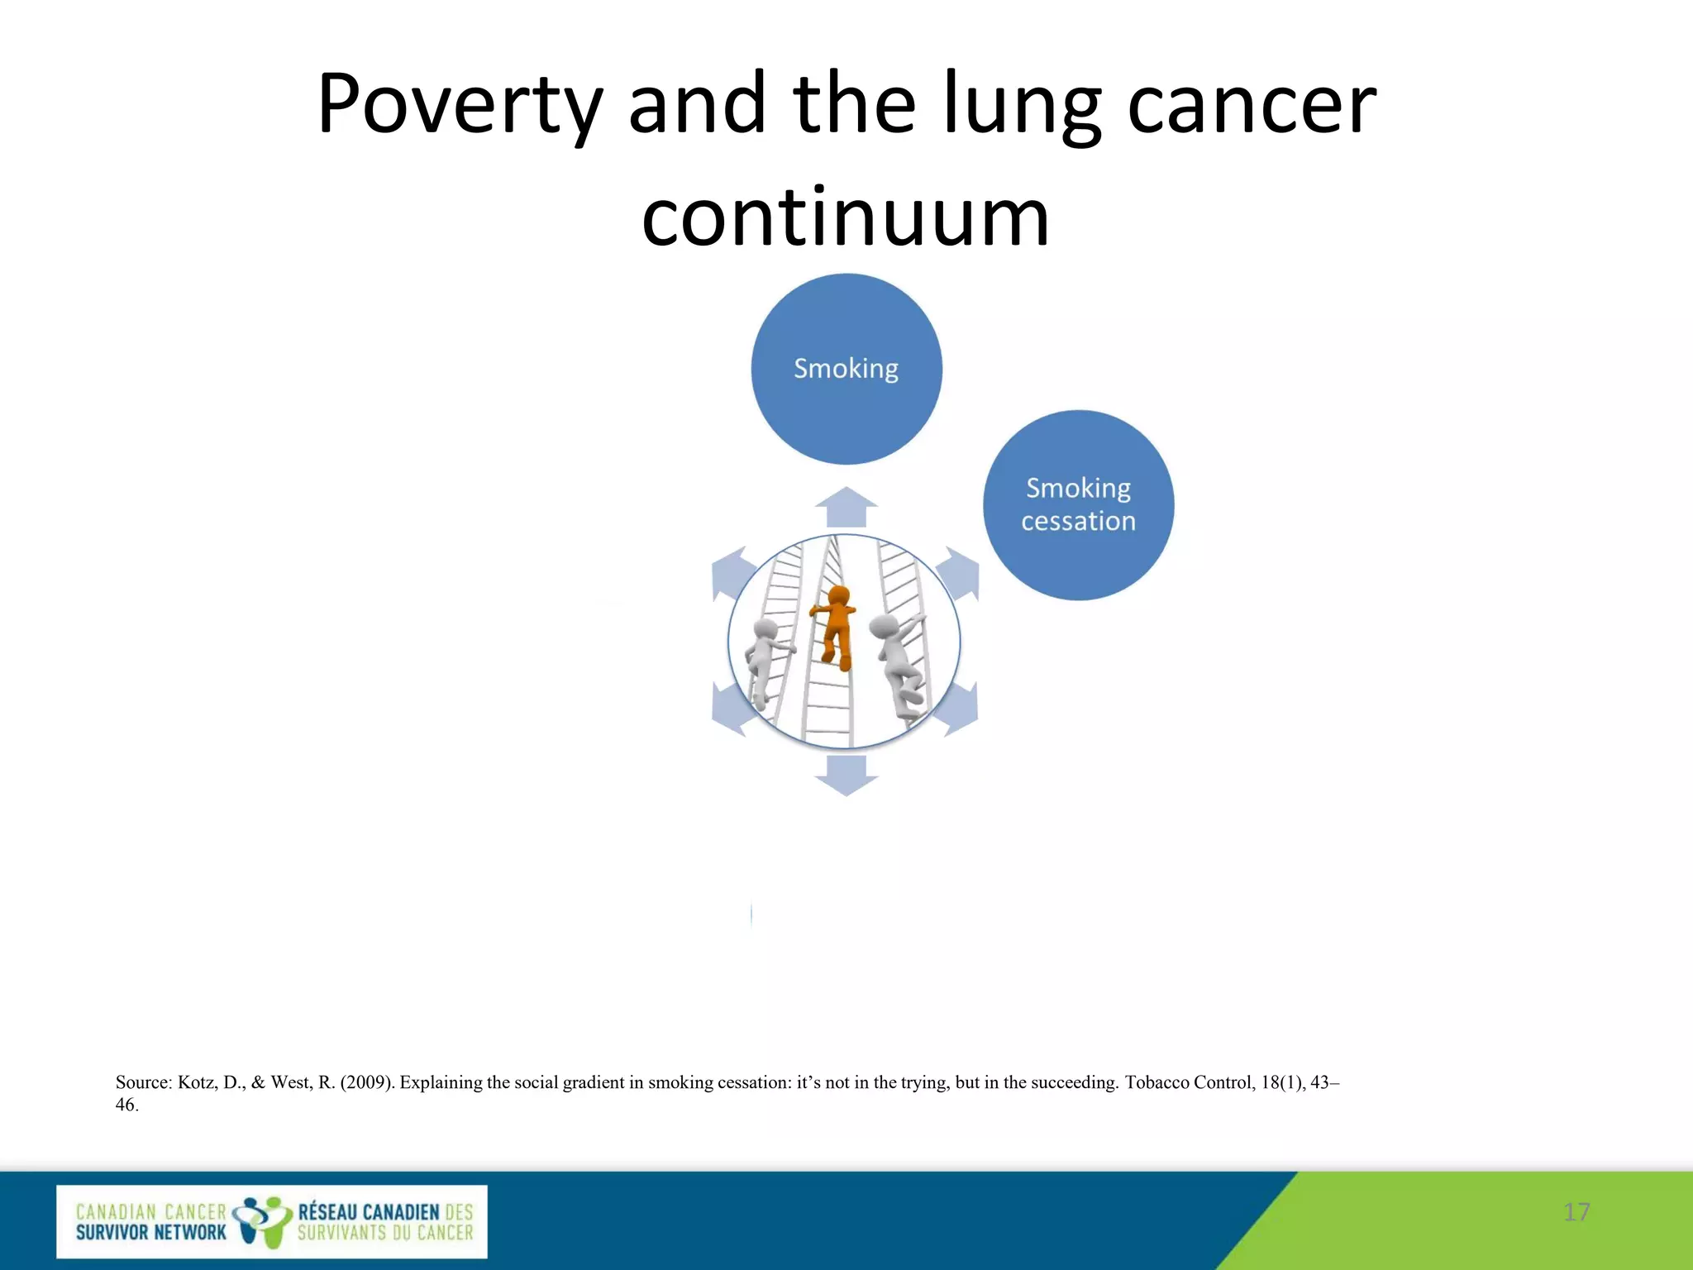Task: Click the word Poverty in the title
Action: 459,106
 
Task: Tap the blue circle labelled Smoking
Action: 846,369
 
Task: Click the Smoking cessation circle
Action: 1078,504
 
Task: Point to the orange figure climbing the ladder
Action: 836,624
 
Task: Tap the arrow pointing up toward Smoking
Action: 846,506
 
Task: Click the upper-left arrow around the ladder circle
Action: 731,573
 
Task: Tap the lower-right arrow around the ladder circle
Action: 961,709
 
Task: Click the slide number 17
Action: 1576,1212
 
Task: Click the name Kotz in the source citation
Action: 197,1082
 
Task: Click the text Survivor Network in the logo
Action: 150,1233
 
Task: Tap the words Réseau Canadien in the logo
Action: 369,1212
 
